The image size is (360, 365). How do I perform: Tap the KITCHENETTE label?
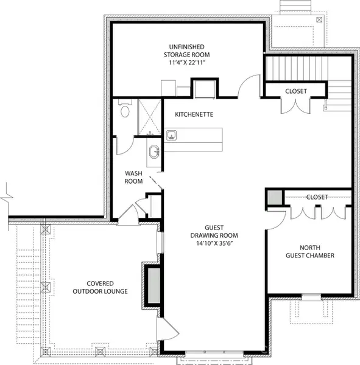tap(194, 114)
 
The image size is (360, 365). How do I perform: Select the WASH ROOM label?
tap(133, 177)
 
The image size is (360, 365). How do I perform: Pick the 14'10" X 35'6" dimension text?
tap(213, 243)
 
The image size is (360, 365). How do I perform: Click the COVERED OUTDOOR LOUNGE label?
tap(99, 287)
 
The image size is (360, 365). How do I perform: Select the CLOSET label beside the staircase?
tap(296, 91)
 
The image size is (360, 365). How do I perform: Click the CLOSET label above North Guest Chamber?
tap(317, 197)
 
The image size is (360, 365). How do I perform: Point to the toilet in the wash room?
tap(125, 110)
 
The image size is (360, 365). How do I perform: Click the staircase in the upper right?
tap(296, 69)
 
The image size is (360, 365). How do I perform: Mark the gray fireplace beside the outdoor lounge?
tap(152, 284)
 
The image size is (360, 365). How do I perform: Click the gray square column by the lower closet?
tap(274, 198)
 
